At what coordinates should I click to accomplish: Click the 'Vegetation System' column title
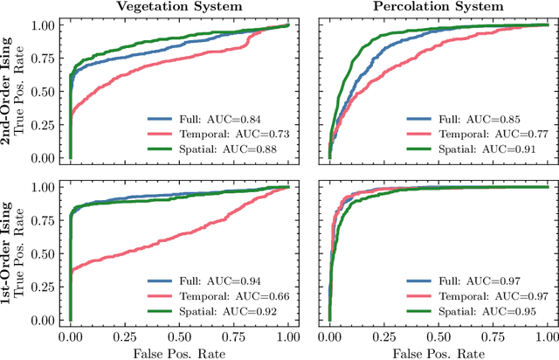tap(179, 7)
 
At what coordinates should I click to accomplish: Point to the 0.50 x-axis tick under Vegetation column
tap(179, 336)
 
